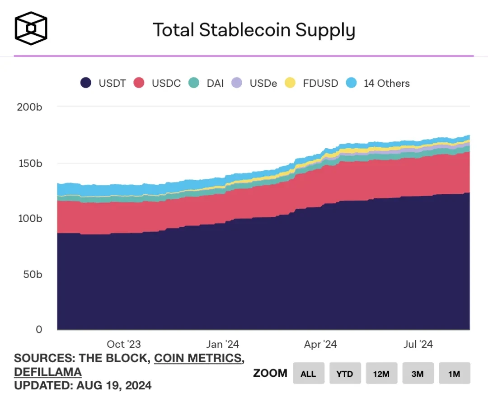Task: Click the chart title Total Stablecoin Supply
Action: coord(254,30)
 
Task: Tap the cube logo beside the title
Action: coord(31,28)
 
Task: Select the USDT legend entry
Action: coord(103,83)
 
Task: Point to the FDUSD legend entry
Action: coord(311,83)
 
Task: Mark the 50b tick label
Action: coord(33,274)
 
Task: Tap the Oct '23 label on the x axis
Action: coord(123,344)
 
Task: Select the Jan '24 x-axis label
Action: coord(222,344)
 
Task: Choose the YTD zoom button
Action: coord(345,373)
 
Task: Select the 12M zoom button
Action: coord(381,373)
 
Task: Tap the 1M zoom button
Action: coord(454,373)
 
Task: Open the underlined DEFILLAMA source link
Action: coord(48,372)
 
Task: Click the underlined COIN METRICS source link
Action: coord(197,358)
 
